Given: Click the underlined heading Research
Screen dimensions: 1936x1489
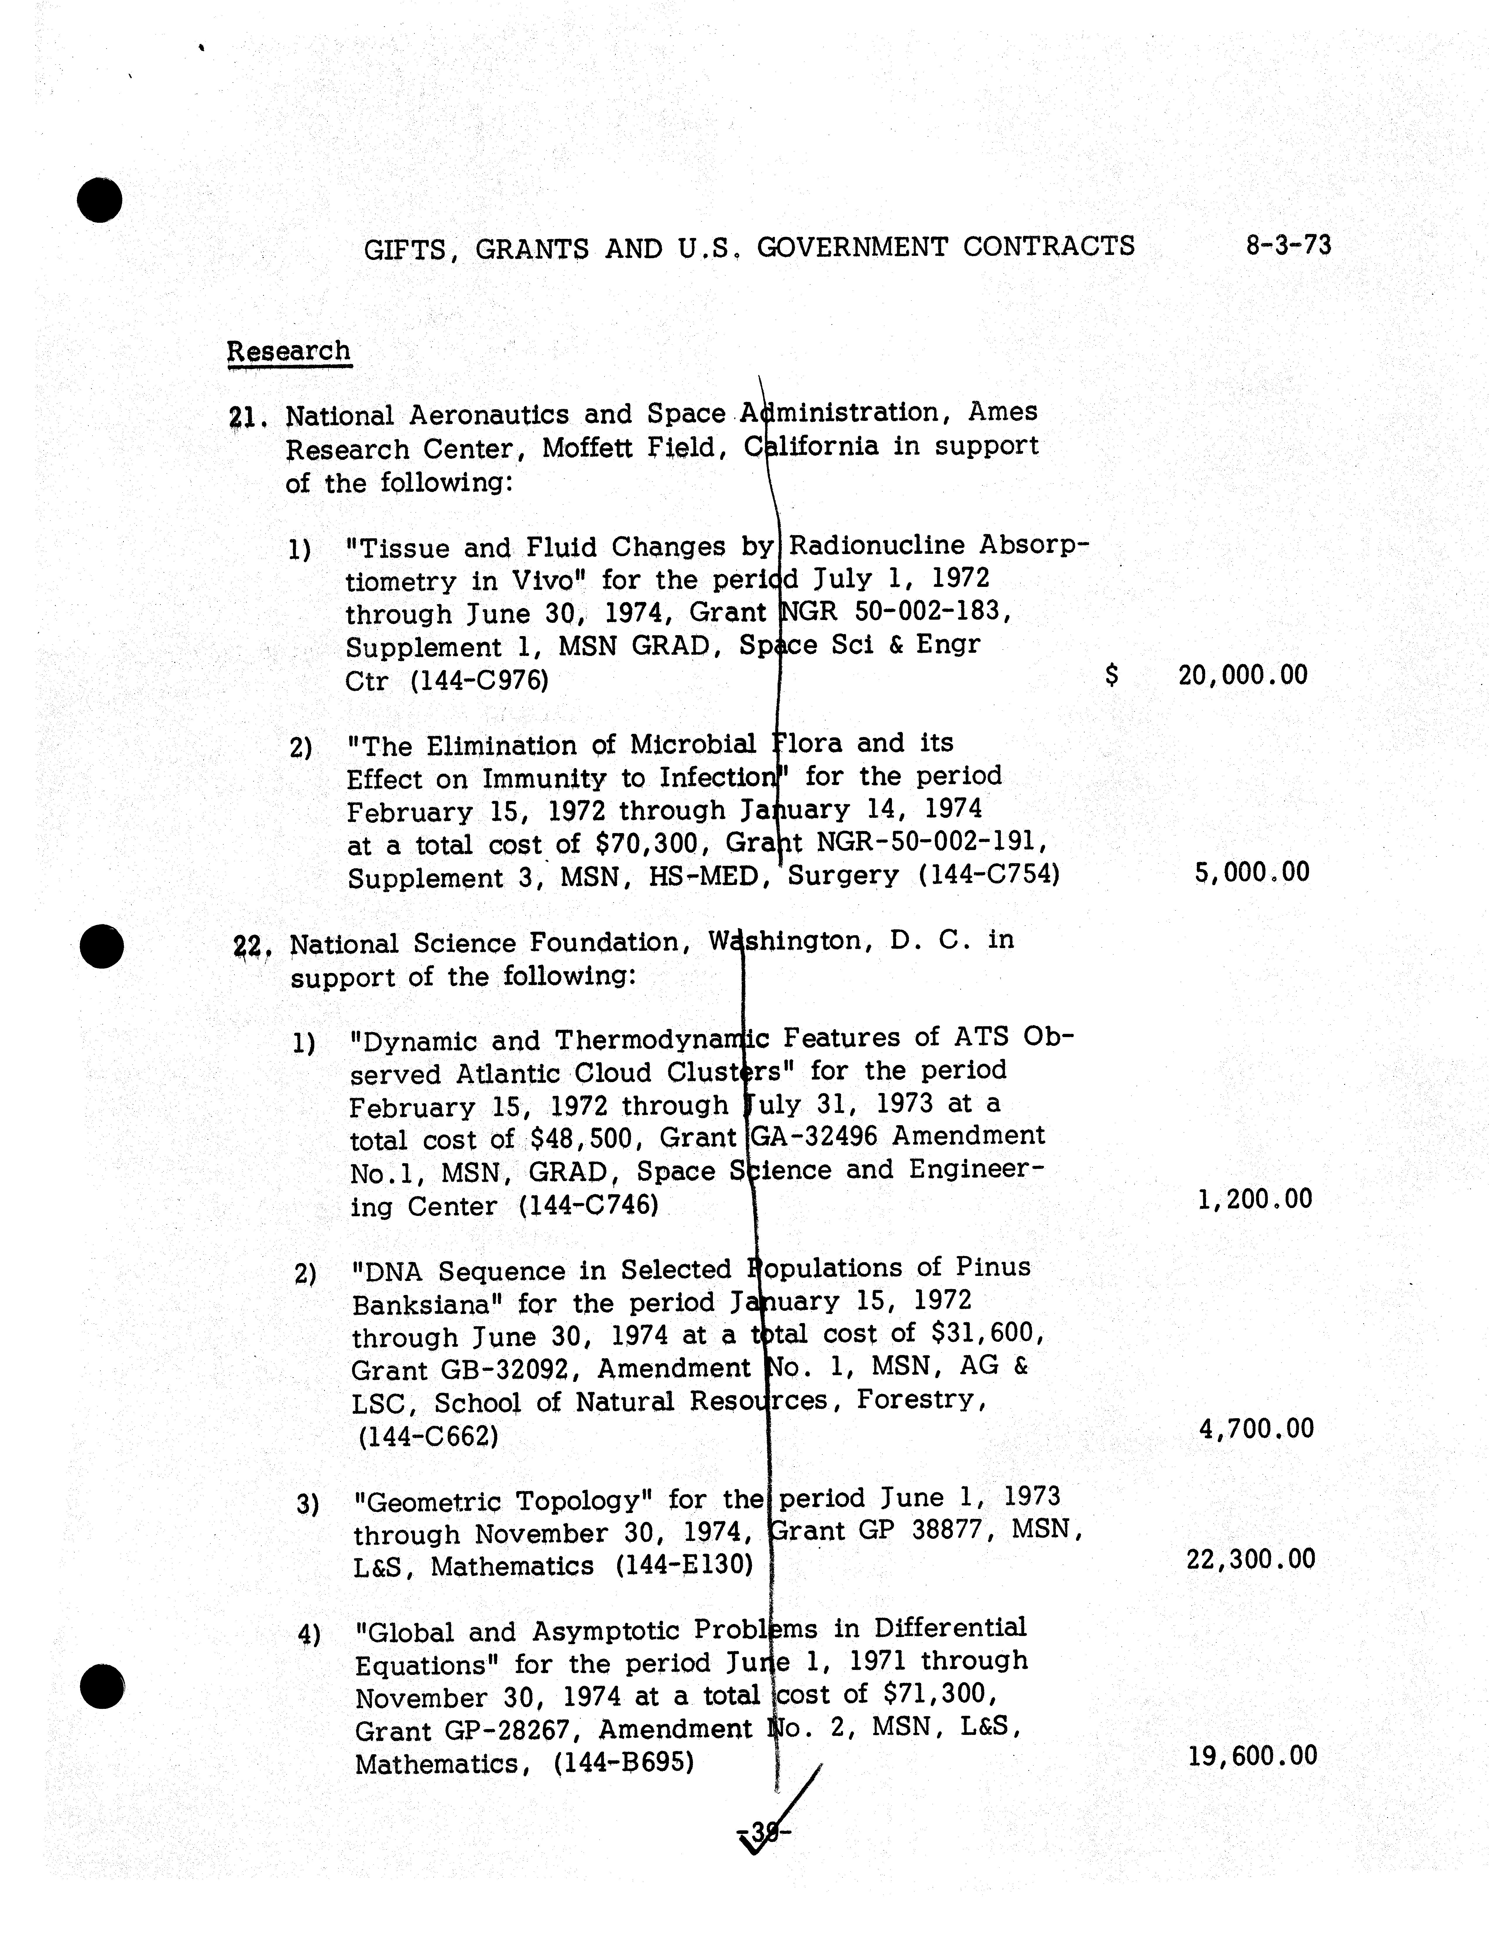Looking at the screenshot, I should click(289, 351).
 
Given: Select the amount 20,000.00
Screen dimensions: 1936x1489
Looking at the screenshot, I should click(1243, 676).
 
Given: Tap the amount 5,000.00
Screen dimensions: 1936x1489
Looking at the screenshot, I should click(1251, 872).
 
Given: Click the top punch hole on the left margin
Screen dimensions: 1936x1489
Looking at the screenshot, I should click(99, 199).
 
